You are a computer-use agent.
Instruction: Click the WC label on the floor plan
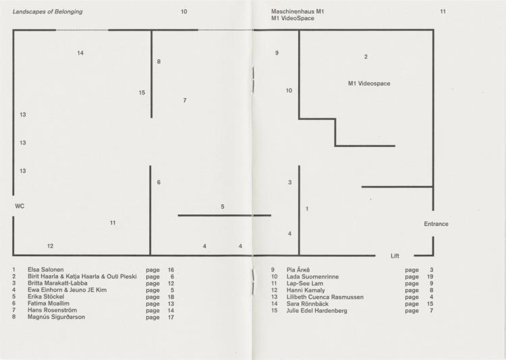click(x=20, y=206)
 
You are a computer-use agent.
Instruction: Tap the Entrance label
click(x=436, y=224)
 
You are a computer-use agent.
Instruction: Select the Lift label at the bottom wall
click(x=395, y=256)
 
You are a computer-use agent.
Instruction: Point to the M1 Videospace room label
click(x=369, y=84)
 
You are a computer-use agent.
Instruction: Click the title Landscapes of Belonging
click(x=47, y=11)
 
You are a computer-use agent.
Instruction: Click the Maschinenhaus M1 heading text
click(x=298, y=11)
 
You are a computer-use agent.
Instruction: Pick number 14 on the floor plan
click(x=80, y=53)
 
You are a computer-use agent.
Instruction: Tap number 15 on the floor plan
click(x=142, y=93)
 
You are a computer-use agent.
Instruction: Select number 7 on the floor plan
click(x=185, y=100)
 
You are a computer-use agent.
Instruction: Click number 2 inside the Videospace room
click(x=366, y=57)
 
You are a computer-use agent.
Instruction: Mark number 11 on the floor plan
click(x=112, y=223)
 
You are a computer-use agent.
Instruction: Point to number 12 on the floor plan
click(x=50, y=246)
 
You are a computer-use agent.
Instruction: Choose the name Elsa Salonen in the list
click(x=45, y=270)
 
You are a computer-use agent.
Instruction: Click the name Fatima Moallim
click(x=49, y=303)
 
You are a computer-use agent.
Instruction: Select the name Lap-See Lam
click(x=305, y=284)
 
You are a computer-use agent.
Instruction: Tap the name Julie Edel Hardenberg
click(x=317, y=311)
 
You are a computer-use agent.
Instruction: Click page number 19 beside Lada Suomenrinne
click(x=430, y=277)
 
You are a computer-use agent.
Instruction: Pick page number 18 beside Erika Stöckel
click(x=171, y=297)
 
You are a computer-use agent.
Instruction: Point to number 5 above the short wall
click(x=223, y=206)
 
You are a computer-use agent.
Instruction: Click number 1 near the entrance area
click(x=307, y=209)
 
